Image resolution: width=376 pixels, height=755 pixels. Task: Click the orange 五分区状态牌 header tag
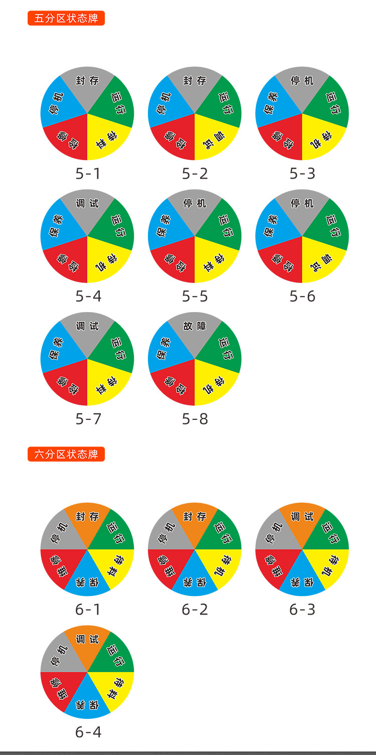[x=66, y=19]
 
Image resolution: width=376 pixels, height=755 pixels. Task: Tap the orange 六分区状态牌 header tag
[x=66, y=455]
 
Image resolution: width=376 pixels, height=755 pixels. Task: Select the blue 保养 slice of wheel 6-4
[x=87, y=702]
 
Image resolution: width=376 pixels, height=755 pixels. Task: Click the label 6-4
[x=88, y=732]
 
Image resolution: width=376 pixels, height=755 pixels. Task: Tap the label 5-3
[x=302, y=174]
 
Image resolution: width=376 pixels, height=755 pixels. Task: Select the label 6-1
[x=88, y=610]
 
